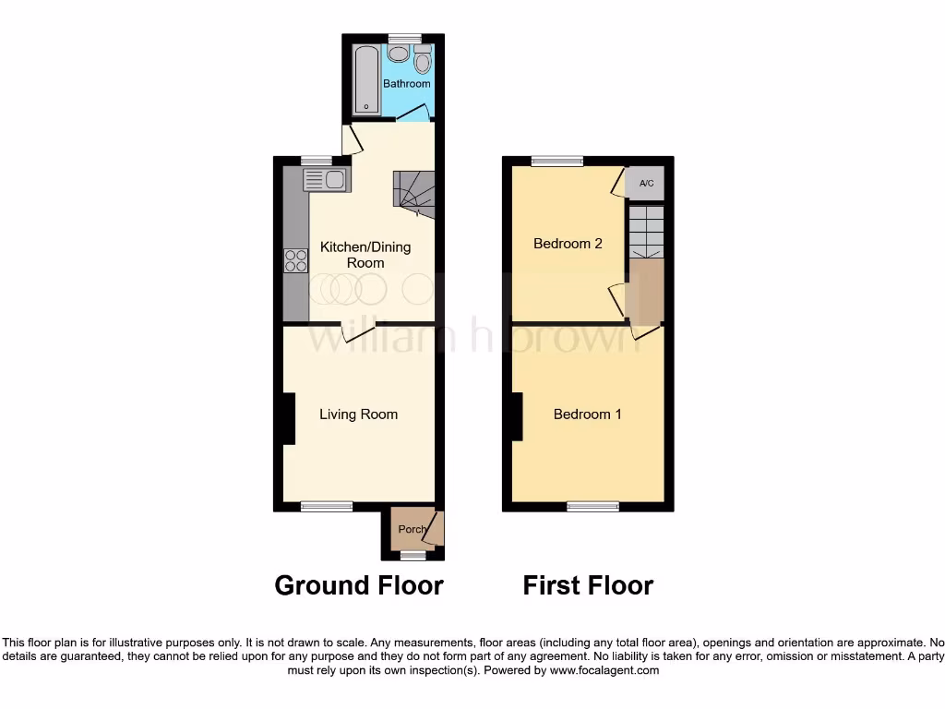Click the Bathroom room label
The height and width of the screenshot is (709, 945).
(x=407, y=84)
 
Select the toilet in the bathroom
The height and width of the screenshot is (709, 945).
(x=423, y=61)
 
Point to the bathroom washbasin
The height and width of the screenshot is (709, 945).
(x=399, y=54)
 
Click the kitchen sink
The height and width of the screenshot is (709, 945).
(x=324, y=180)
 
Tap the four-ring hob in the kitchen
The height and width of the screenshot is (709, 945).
(x=296, y=260)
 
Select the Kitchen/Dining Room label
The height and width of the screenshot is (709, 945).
(x=365, y=255)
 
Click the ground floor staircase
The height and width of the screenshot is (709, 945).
(x=413, y=190)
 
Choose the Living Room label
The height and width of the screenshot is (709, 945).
(x=359, y=415)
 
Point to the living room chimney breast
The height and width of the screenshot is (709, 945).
(x=289, y=418)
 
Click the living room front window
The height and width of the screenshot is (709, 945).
(x=327, y=506)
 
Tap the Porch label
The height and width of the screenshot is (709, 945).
(x=412, y=530)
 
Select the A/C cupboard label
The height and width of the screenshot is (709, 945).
(x=646, y=184)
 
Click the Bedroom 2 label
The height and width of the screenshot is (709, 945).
(x=568, y=244)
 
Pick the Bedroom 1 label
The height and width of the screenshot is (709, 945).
(x=588, y=415)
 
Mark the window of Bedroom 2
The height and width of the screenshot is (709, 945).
(x=556, y=161)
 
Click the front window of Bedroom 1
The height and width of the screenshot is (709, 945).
(x=592, y=506)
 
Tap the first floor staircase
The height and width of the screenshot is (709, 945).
(x=646, y=232)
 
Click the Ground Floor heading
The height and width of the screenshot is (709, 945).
(x=359, y=585)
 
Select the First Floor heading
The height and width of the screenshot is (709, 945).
(x=588, y=585)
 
